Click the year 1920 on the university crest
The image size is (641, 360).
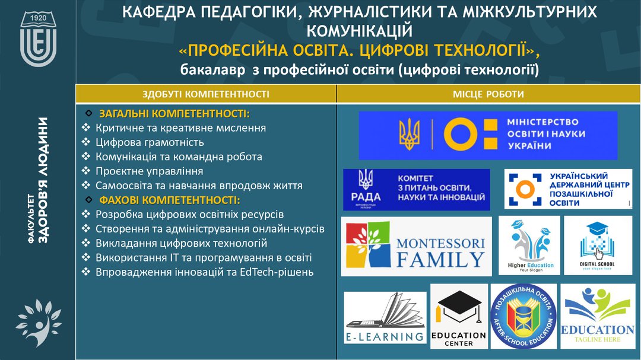click(x=38, y=18)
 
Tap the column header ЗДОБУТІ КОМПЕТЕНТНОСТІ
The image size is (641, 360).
click(x=205, y=94)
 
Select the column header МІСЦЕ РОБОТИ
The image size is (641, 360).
click(x=488, y=94)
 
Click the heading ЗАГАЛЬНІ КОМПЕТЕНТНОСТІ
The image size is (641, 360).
click(x=174, y=113)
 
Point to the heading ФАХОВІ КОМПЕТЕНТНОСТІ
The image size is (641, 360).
click(x=169, y=200)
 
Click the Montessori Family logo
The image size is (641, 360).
click(x=416, y=246)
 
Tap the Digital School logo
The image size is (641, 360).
click(x=597, y=245)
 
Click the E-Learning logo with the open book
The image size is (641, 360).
click(x=385, y=318)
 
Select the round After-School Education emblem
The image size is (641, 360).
click(x=523, y=317)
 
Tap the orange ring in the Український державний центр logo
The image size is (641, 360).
click(x=525, y=189)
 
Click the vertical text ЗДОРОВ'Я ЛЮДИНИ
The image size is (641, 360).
click(x=43, y=180)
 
